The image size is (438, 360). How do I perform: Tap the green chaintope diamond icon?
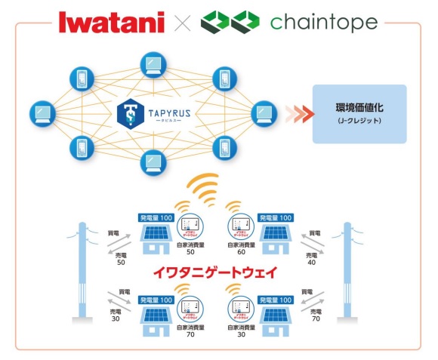click(230, 21)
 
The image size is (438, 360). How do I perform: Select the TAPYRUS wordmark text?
click(167, 111)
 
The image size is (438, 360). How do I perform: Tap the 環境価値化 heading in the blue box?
click(359, 106)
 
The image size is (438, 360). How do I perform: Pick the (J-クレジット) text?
click(359, 121)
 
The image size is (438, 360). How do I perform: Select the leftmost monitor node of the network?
click(39, 114)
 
